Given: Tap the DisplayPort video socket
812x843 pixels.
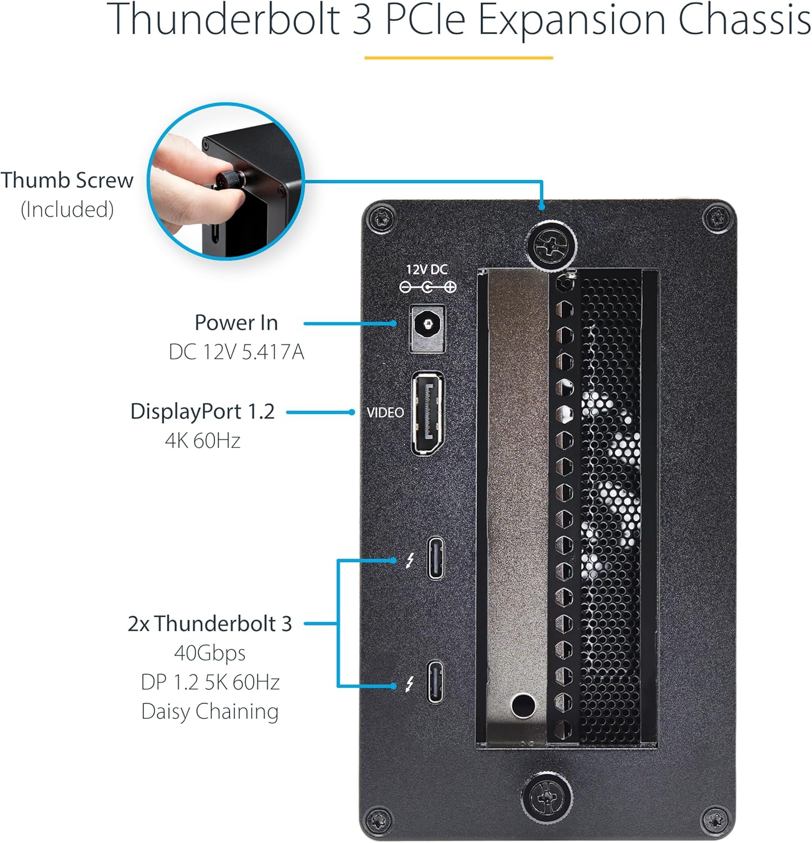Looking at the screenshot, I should (x=428, y=413).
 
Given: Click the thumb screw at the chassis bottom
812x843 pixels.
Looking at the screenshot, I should (x=546, y=797).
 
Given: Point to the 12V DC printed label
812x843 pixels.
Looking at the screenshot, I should (x=427, y=270).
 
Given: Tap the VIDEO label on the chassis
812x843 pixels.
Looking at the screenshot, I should (x=385, y=413).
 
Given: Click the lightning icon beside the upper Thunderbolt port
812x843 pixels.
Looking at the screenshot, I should (x=410, y=560).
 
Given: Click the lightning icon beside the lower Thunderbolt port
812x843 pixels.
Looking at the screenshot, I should (x=410, y=684).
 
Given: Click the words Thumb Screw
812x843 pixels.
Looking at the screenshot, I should (x=67, y=180).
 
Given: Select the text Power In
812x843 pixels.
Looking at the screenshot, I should (x=236, y=323).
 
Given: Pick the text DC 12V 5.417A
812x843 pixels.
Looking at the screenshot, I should (x=236, y=352).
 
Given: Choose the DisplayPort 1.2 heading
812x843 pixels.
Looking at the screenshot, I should (x=202, y=411).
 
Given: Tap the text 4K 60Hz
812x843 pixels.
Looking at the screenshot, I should (x=202, y=441).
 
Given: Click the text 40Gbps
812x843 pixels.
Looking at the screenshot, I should (x=210, y=653).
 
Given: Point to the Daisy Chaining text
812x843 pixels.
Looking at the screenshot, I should (x=210, y=711).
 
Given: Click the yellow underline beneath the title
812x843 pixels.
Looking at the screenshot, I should (x=459, y=57).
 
